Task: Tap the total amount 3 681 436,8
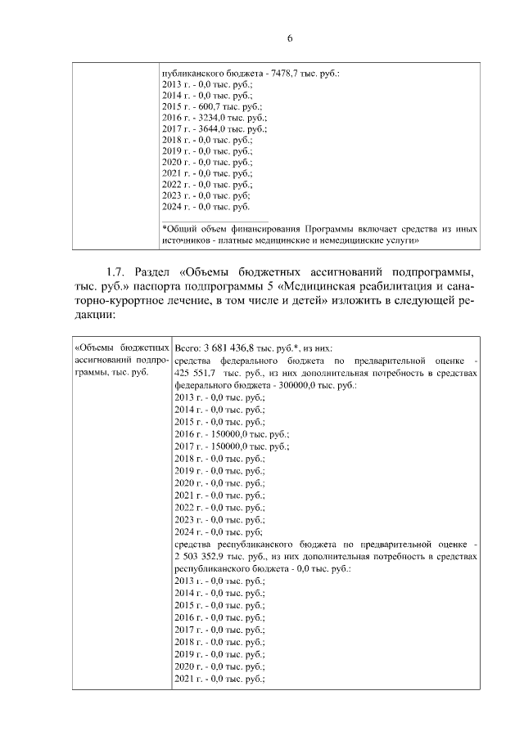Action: click(x=239, y=348)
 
